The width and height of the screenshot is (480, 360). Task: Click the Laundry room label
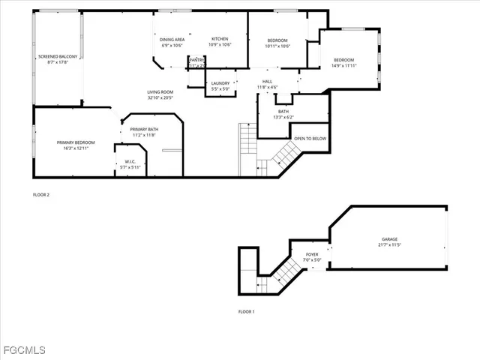pos(220,83)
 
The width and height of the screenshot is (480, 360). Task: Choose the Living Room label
pos(160,91)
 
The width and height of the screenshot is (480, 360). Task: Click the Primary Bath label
pos(143,130)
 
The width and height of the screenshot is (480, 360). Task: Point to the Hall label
pos(267,82)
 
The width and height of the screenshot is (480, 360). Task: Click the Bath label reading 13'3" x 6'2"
pos(283,112)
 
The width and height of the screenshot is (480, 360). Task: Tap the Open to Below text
pos(310,138)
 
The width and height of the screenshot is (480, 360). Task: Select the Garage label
pos(389,239)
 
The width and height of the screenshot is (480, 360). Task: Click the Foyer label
pos(311,255)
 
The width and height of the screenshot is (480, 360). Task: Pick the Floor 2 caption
pos(41,194)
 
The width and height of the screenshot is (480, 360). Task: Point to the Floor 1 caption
pos(247,311)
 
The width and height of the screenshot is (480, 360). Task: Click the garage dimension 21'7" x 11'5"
pos(389,245)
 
